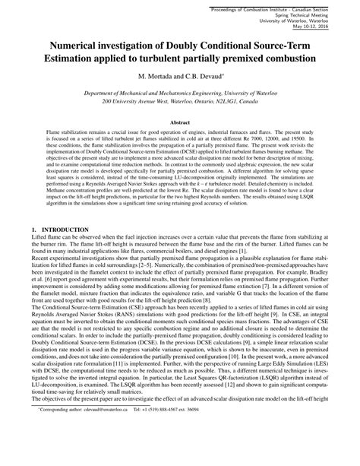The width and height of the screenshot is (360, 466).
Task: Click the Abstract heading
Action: [x=179, y=121]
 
